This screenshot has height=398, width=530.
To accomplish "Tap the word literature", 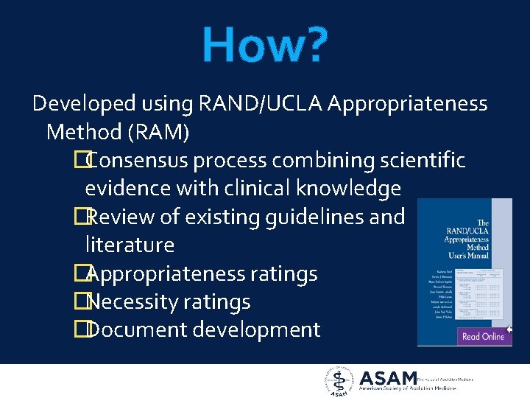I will click(130, 245).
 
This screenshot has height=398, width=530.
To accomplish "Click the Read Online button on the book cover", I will click(482, 336).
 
